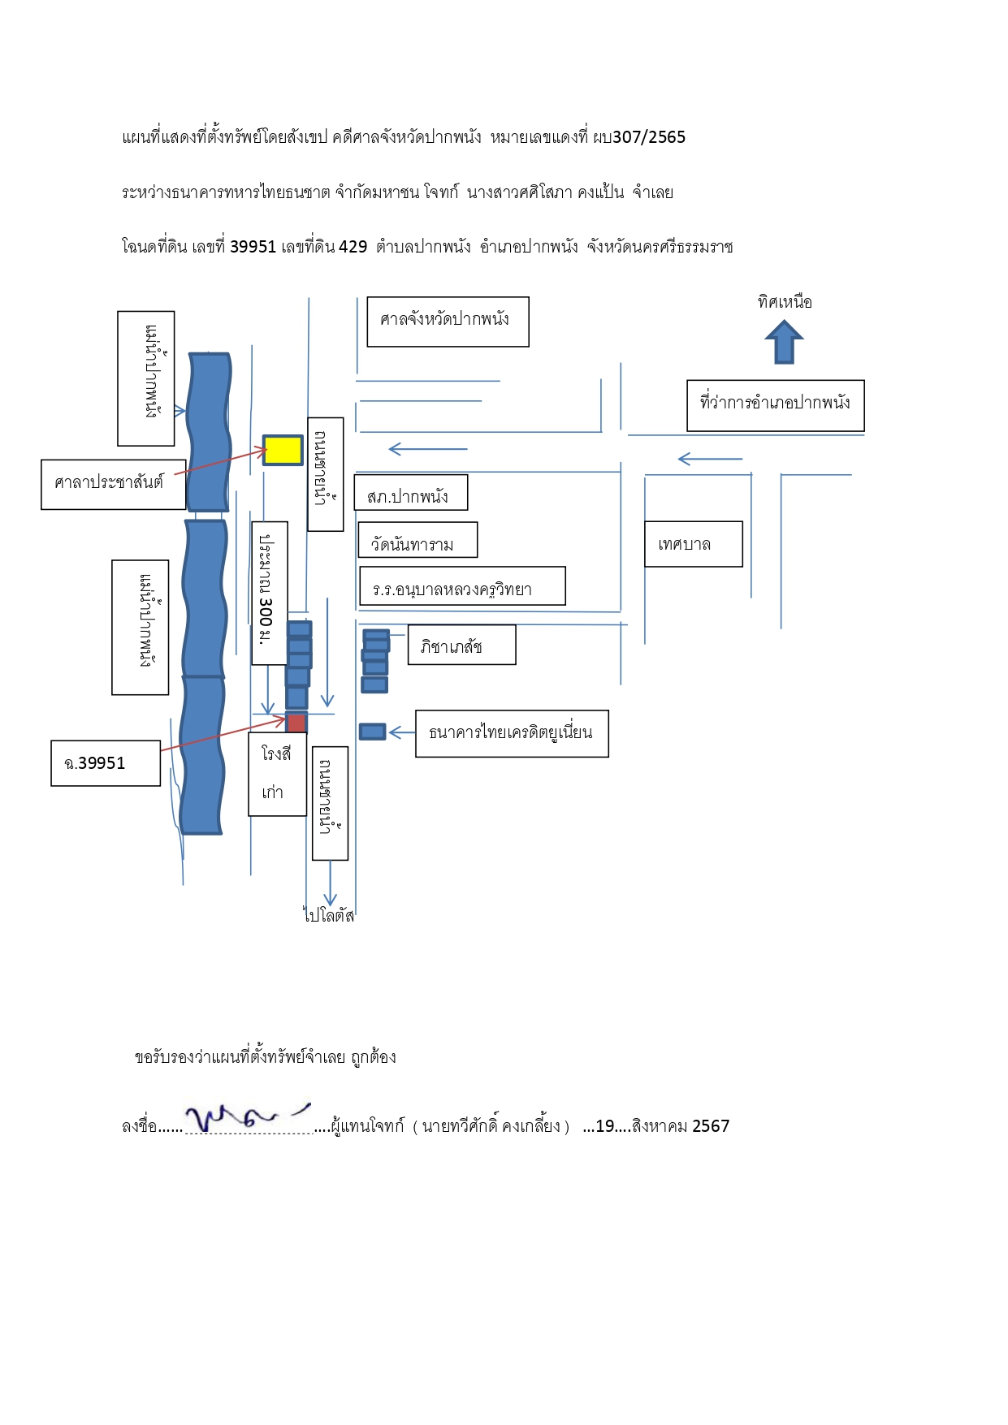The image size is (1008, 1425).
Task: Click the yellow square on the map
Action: pos(283,450)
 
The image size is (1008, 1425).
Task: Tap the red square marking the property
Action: pos(296,723)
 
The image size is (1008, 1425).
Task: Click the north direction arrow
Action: pos(784,342)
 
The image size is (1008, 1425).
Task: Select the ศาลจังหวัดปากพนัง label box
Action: pos(448,322)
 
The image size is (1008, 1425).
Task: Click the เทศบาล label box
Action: pos(694,544)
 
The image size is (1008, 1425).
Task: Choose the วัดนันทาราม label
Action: pos(417,540)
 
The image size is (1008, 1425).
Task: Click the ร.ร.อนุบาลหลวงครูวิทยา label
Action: pos(462,586)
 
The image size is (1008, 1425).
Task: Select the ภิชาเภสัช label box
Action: pos(461,645)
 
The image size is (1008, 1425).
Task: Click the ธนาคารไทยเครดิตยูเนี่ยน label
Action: pos(512,734)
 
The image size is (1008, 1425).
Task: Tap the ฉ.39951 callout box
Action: pos(106,763)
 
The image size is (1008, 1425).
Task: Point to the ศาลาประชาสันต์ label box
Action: pos(114,485)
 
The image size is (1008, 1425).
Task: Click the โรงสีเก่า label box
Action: pos(278,774)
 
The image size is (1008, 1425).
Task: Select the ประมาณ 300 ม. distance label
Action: pos(270,593)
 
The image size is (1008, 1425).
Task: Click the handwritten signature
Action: pos(247,1117)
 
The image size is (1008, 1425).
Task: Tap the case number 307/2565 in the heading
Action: pos(649,137)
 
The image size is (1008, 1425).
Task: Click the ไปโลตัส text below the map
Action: pos(329,915)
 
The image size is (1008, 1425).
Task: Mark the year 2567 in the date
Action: pos(711,1126)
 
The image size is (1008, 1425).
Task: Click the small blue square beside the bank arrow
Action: pos(373,732)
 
